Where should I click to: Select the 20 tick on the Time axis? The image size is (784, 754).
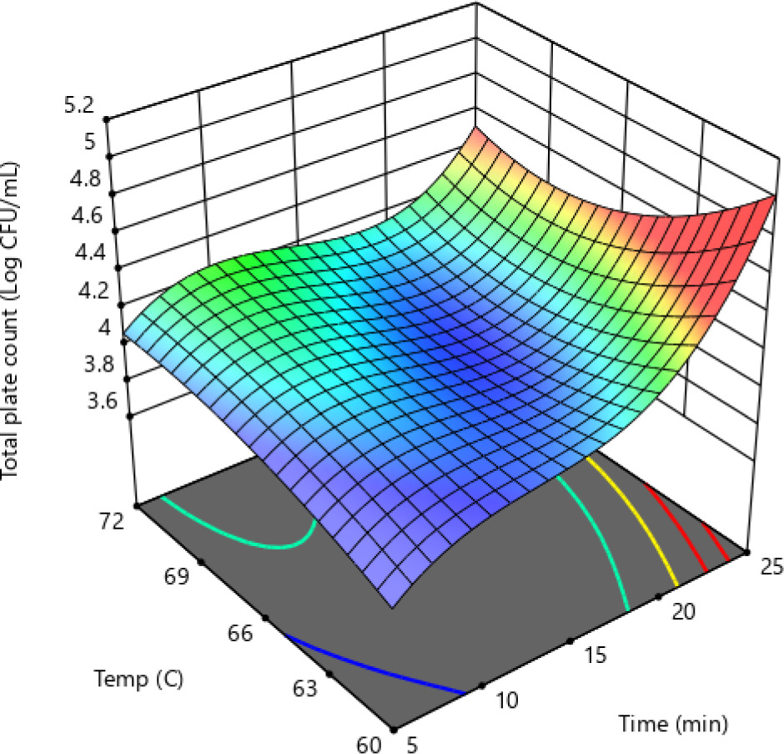click(684, 612)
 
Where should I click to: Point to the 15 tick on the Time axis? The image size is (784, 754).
click(596, 656)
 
